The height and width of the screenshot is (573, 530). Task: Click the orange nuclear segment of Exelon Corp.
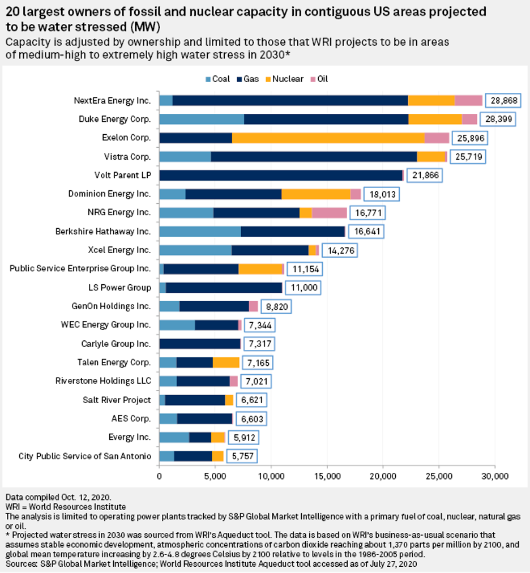328,138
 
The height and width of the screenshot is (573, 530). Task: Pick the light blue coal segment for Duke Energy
202,119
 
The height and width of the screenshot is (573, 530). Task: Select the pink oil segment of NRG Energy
329,212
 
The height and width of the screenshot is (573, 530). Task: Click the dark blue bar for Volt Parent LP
280,175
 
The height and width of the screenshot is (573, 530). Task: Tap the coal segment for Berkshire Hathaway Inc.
200,231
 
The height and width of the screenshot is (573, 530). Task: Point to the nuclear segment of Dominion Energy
316,194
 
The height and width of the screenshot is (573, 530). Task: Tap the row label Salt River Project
117,400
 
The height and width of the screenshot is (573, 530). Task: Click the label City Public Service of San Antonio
85,456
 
